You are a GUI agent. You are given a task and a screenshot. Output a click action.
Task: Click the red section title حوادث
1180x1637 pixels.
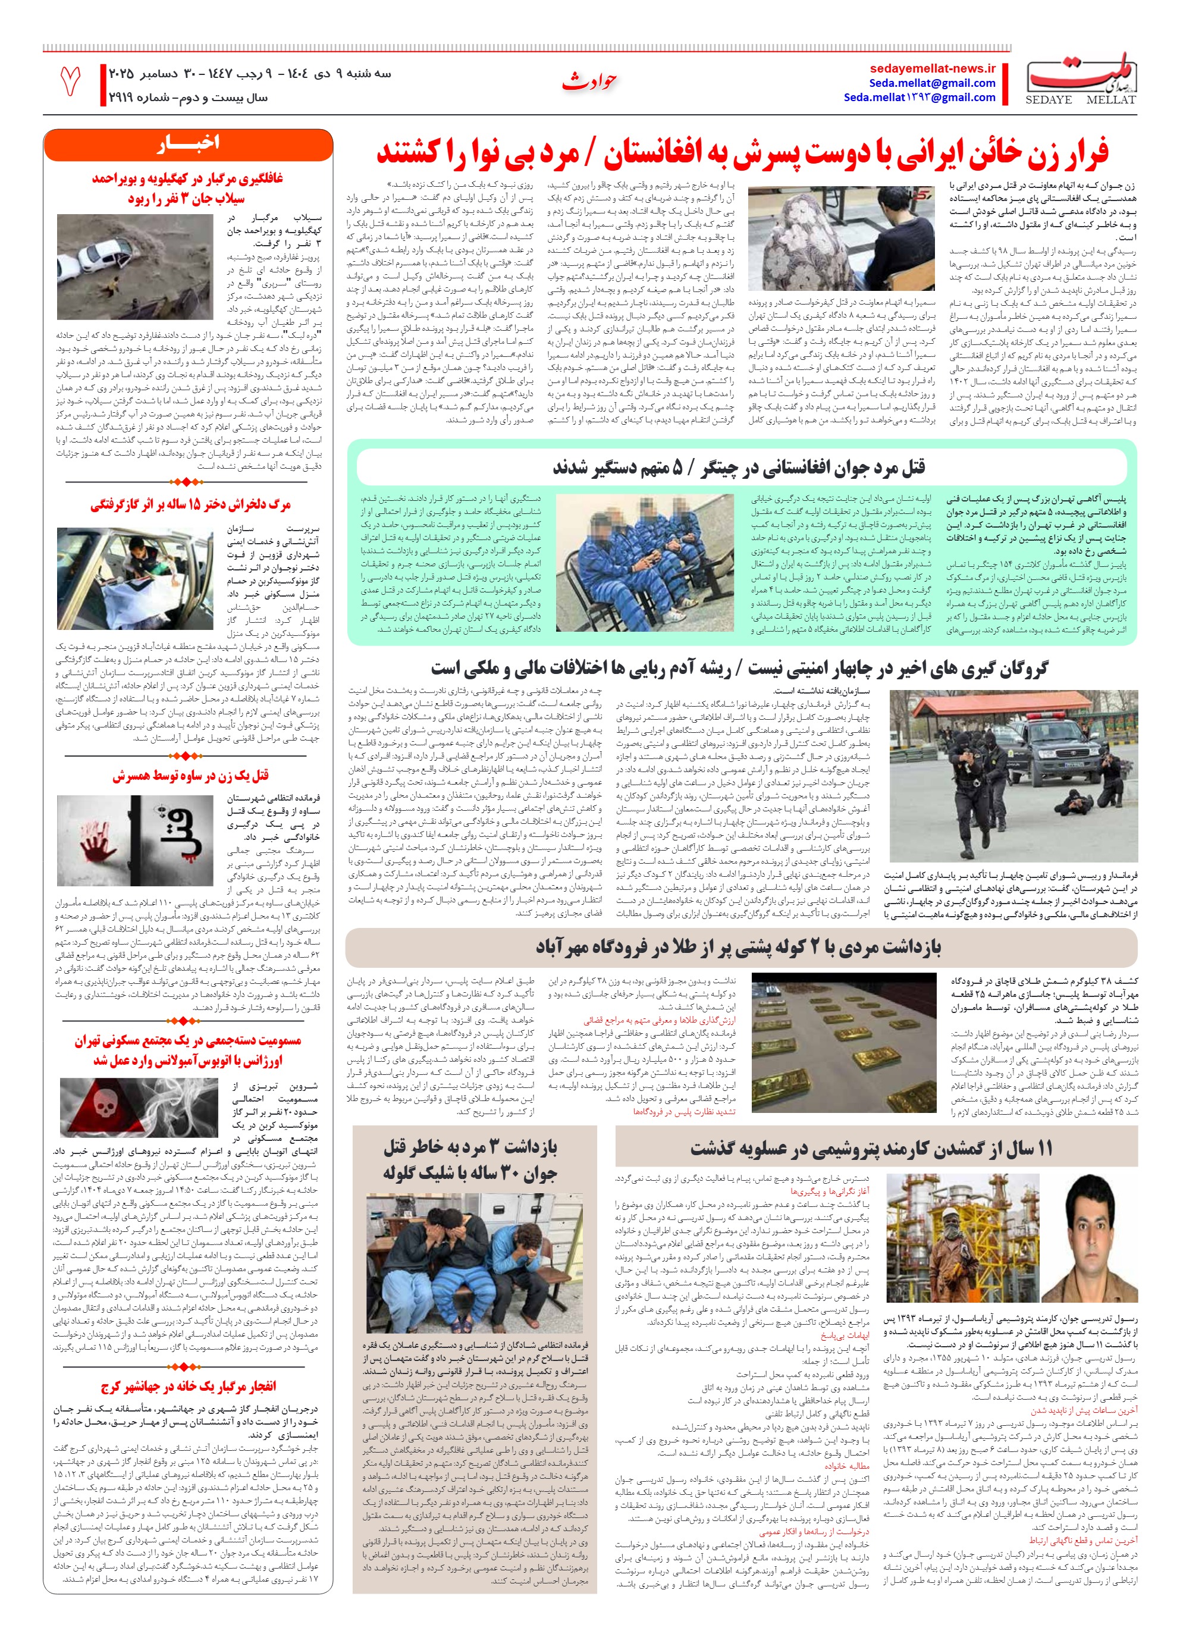click(589, 81)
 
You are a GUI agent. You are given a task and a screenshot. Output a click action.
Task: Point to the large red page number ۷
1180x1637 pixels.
click(70, 81)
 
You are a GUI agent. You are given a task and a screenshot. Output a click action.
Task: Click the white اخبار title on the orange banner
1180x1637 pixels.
click(189, 143)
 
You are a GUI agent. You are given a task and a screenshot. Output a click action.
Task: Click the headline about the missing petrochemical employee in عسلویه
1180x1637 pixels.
click(871, 1147)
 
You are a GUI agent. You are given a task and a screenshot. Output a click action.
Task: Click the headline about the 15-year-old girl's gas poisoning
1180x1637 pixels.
click(190, 504)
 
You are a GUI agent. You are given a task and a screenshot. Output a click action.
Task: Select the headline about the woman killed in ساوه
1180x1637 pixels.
click(190, 775)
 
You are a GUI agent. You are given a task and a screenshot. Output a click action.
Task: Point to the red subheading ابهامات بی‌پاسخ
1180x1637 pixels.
click(845, 1335)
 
